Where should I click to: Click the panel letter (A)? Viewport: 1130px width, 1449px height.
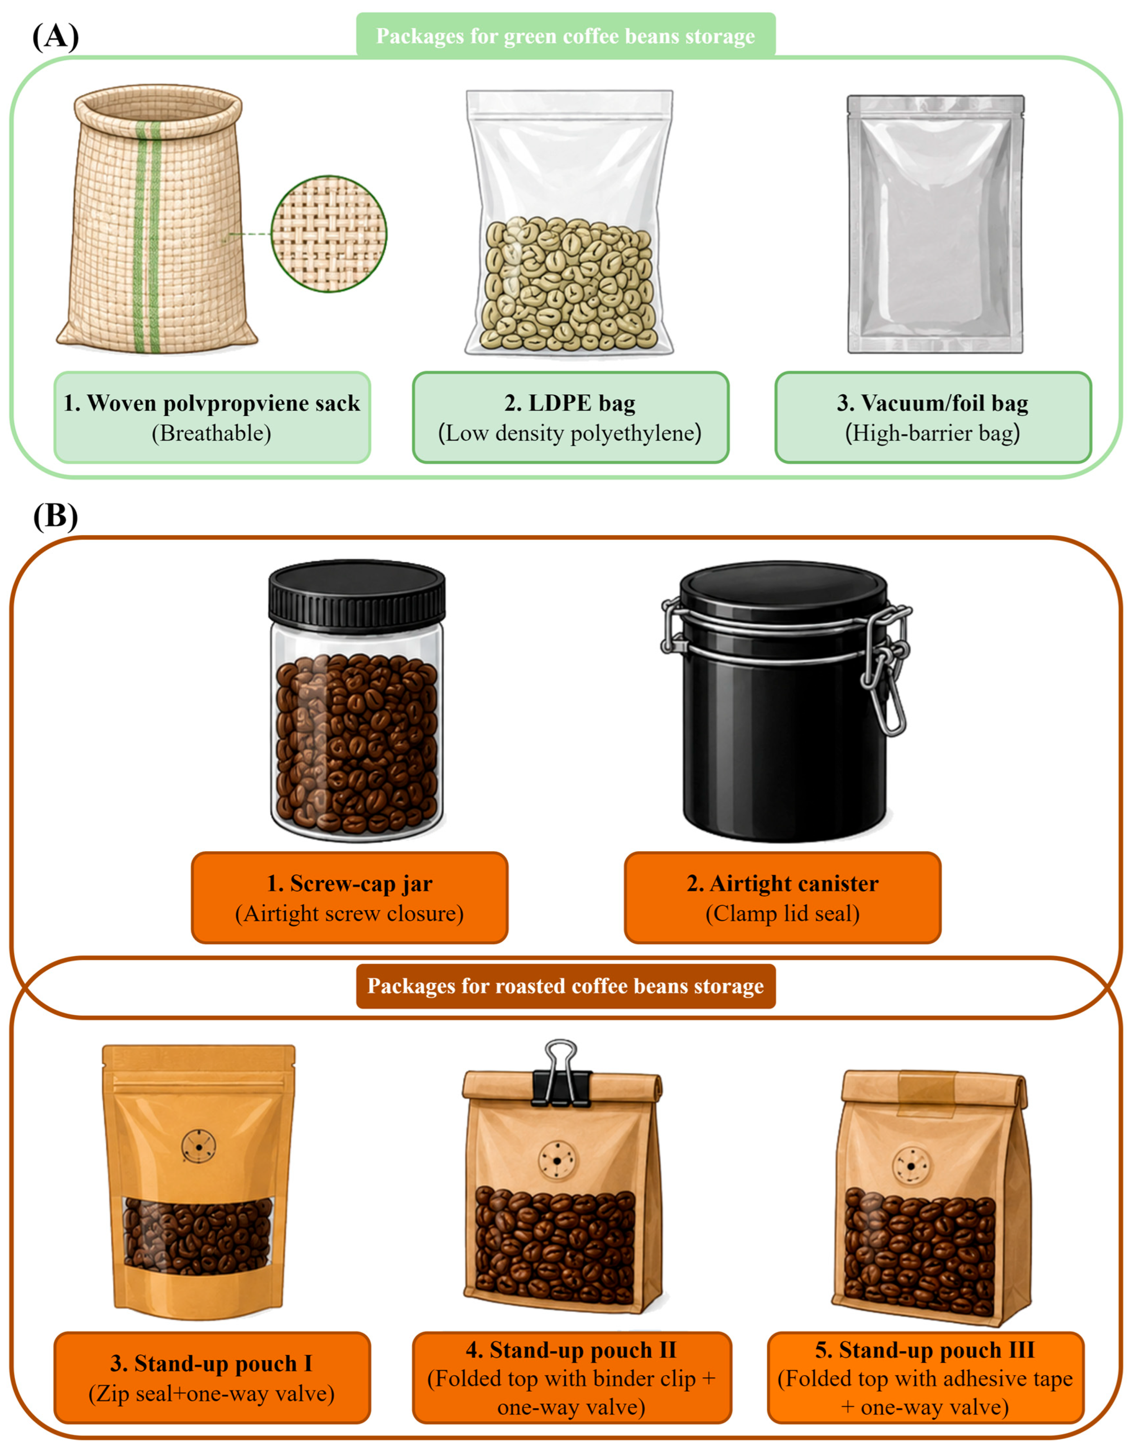pos(56,36)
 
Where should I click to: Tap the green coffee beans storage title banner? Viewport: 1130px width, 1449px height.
pos(566,36)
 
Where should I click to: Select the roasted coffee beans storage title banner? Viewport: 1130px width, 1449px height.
pos(566,986)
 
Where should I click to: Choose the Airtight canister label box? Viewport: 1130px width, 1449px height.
pos(783,897)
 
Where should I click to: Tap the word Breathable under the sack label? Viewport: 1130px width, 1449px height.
pos(212,433)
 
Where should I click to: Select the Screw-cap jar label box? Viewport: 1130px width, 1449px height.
pos(349,897)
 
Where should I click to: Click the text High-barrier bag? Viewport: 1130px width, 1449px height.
pos(932,433)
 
